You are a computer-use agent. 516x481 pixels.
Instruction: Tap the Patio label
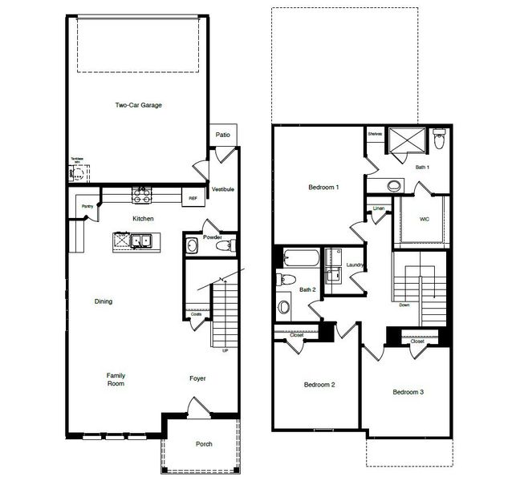pos(222,135)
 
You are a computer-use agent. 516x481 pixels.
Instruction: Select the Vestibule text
pos(222,189)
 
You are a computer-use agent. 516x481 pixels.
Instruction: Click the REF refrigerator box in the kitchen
pos(193,197)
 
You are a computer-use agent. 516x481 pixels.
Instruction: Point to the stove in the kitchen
pos(142,193)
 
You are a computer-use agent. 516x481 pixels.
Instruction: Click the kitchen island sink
pos(141,240)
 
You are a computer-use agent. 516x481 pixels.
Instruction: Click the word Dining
pos(103,301)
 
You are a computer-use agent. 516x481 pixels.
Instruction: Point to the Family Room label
pos(117,379)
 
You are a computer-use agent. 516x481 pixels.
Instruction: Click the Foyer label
pos(197,378)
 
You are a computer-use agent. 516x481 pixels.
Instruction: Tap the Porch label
pos(204,444)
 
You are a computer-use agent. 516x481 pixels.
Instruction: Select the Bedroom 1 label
pos(323,188)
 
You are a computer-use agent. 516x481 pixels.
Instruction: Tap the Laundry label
pos(356,265)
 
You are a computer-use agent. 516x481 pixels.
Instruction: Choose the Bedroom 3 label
pos(408,392)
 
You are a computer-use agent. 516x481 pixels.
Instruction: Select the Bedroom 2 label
pos(319,385)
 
